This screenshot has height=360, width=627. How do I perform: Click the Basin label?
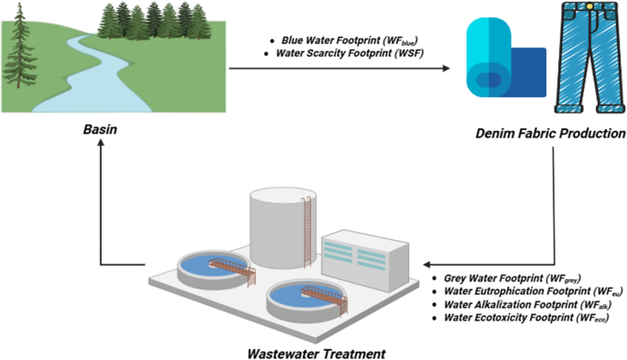click(x=100, y=129)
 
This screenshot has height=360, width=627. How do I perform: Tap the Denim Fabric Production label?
click(x=551, y=133)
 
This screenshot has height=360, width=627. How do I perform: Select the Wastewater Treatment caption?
click(x=317, y=354)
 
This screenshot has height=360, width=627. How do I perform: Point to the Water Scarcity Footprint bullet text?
click(x=350, y=53)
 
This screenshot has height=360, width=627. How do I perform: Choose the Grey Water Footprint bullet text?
click(x=513, y=278)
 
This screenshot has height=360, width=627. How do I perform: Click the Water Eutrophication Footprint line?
click(x=534, y=291)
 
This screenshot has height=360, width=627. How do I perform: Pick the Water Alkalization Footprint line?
click(x=528, y=305)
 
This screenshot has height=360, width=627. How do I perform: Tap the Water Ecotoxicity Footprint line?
click(x=526, y=318)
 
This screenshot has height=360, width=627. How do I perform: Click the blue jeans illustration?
click(x=589, y=57)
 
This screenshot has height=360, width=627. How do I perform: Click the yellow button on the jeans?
click(x=589, y=6)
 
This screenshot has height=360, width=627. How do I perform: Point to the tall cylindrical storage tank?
click(x=284, y=228)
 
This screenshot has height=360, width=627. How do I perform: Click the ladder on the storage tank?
click(x=308, y=232)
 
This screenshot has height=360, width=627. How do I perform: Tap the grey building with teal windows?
click(x=365, y=261)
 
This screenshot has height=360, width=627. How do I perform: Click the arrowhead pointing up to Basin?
click(x=101, y=142)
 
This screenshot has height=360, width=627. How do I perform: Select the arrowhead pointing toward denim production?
click(x=446, y=69)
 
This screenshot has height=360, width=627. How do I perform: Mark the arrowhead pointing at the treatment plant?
click(x=427, y=265)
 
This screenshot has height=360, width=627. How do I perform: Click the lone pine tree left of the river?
click(x=19, y=46)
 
